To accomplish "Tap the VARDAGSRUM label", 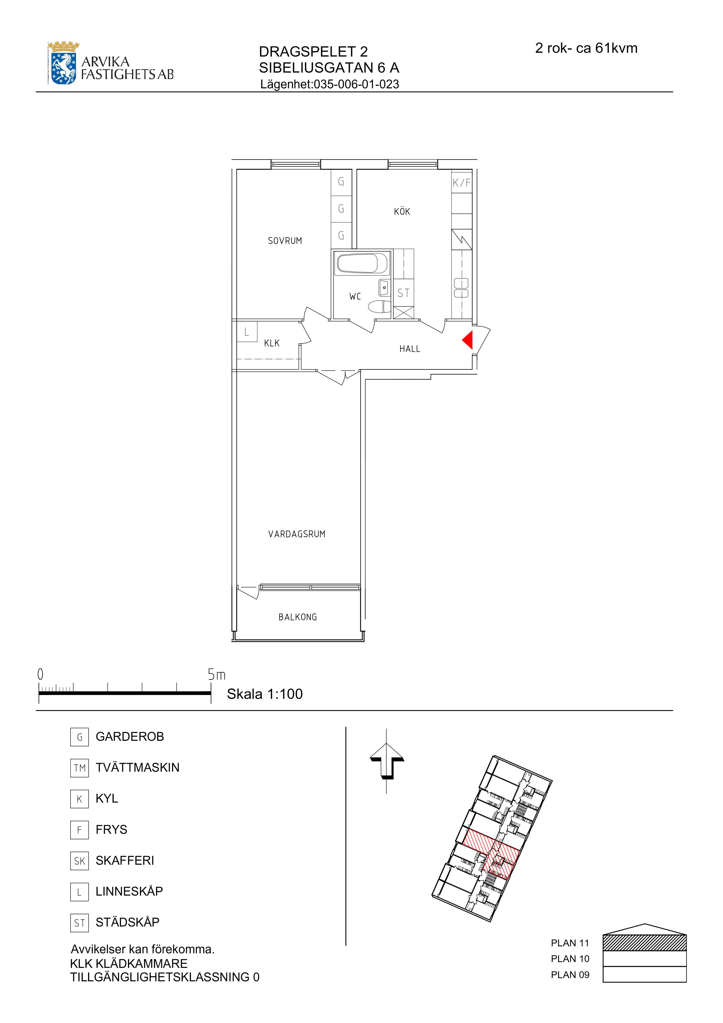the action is pos(297,534).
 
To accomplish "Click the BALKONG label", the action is pos(298,617).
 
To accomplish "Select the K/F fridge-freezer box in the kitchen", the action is pos(461,182).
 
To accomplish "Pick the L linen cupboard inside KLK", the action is pos(247,332).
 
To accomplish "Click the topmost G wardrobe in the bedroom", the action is pos(341,181).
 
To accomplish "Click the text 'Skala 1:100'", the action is pos(265,694).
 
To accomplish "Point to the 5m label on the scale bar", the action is pos(217,675).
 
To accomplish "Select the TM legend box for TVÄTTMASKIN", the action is pos(79,768).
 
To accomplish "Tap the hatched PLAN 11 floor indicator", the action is pos(644,943).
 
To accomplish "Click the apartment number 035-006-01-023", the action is pos(356,84).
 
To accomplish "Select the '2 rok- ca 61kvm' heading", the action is pos(586,48).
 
